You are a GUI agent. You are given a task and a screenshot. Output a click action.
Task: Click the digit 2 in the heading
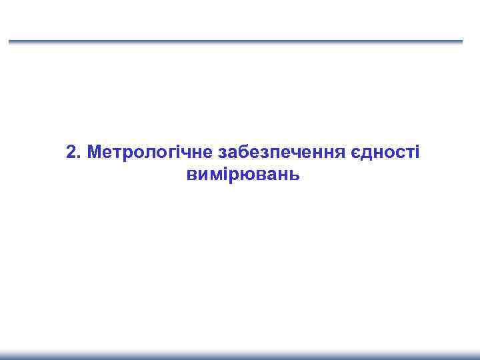[x=71, y=152]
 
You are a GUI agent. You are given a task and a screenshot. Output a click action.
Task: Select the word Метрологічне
[x=147, y=153]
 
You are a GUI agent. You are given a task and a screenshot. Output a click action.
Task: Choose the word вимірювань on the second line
[x=240, y=175]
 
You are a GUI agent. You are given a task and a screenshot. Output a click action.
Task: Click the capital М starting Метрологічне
[x=93, y=152]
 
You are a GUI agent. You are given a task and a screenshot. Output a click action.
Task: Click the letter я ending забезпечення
[x=338, y=153]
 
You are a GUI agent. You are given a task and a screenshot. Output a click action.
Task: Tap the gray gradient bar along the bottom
[x=240, y=355]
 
